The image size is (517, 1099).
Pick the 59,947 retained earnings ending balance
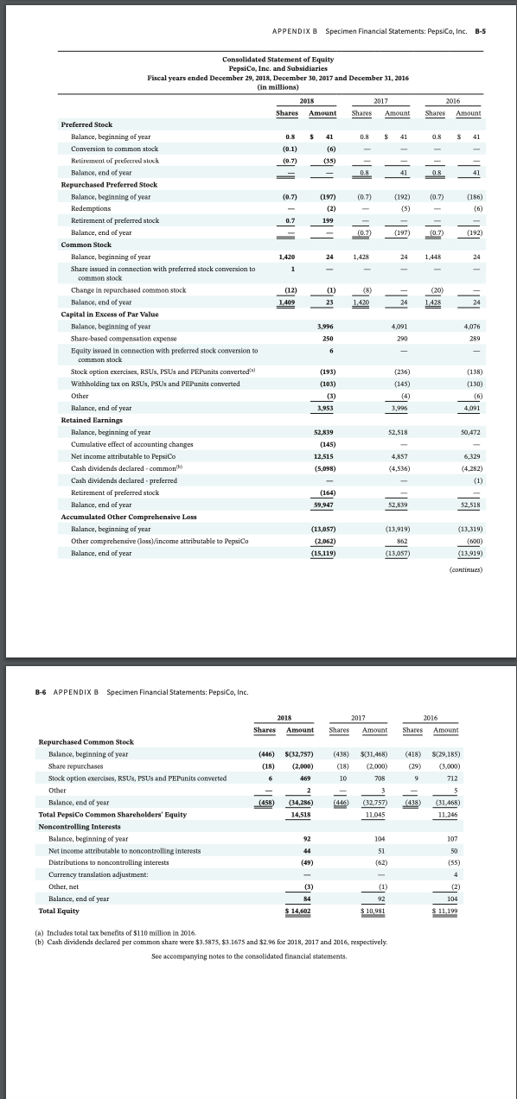[324, 503]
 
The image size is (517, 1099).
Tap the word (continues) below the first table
[466, 571]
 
